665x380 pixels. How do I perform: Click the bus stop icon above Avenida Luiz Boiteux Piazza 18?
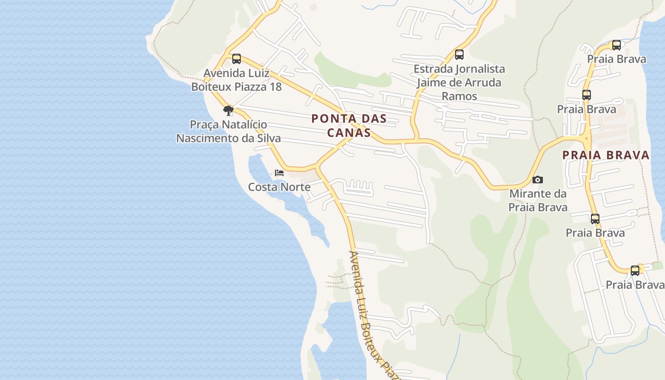pyautogui.click(x=236, y=59)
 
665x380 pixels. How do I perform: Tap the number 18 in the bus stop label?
pyautogui.click(x=275, y=87)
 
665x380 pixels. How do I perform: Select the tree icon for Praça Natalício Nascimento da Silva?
pyautogui.click(x=228, y=111)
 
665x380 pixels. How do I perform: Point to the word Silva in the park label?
pyautogui.click(x=269, y=138)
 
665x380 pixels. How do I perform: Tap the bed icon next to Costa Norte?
pyautogui.click(x=279, y=172)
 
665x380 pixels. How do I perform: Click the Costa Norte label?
pyautogui.click(x=279, y=187)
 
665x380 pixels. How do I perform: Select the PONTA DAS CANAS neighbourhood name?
pyautogui.click(x=349, y=125)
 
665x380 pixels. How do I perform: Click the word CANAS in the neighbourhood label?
pyautogui.click(x=349, y=133)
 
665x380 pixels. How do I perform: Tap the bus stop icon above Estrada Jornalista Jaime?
pyautogui.click(x=459, y=55)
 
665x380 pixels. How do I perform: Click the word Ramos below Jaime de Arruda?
pyautogui.click(x=459, y=96)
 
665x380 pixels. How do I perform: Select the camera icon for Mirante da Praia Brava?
pyautogui.click(x=538, y=180)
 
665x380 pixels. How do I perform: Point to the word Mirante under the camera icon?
pyautogui.click(x=532, y=194)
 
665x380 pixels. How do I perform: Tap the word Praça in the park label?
pyautogui.click(x=204, y=124)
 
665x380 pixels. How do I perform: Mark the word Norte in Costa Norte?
pyautogui.click(x=295, y=187)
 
